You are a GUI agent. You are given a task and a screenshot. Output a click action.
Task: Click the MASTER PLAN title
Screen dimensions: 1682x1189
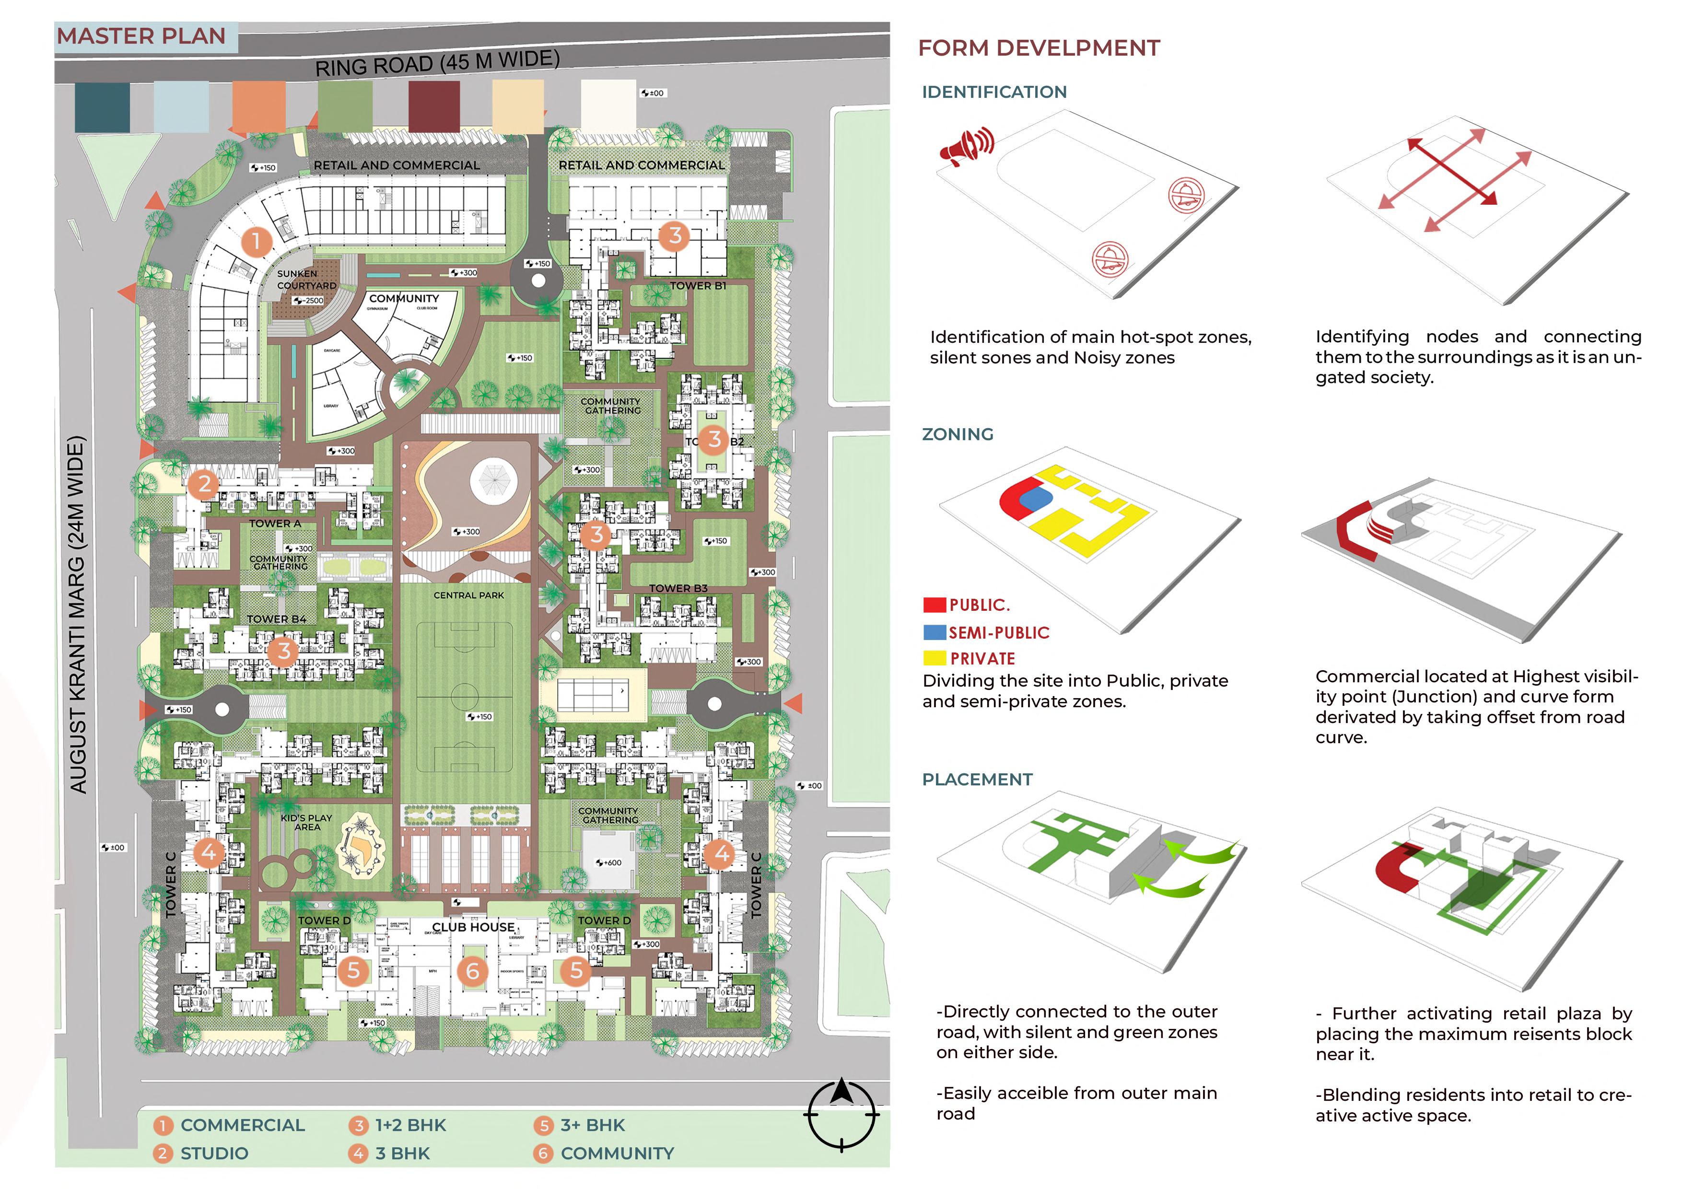click(141, 36)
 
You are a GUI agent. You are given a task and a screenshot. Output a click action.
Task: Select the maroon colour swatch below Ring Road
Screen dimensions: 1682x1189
click(434, 107)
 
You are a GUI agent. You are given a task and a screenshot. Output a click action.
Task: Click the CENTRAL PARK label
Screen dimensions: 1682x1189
click(469, 595)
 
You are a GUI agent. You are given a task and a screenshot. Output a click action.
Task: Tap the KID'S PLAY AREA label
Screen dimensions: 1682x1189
click(307, 822)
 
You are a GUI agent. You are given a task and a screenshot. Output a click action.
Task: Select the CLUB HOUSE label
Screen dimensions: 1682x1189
click(473, 927)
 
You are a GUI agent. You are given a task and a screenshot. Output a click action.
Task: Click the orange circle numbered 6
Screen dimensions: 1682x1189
click(472, 971)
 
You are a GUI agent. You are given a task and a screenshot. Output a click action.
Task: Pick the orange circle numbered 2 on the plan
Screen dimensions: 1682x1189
click(204, 484)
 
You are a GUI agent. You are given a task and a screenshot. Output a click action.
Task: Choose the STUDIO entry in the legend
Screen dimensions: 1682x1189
click(214, 1153)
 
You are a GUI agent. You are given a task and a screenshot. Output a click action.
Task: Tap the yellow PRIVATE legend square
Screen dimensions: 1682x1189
click(934, 658)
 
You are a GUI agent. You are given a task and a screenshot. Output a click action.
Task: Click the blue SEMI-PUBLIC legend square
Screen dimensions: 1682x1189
click(934, 631)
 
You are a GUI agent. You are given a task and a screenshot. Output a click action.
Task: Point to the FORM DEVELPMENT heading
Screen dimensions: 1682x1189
click(1039, 48)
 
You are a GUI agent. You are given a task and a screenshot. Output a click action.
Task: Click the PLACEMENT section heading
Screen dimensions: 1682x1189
click(977, 780)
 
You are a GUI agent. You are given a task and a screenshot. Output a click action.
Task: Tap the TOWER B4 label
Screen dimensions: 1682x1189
click(276, 619)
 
